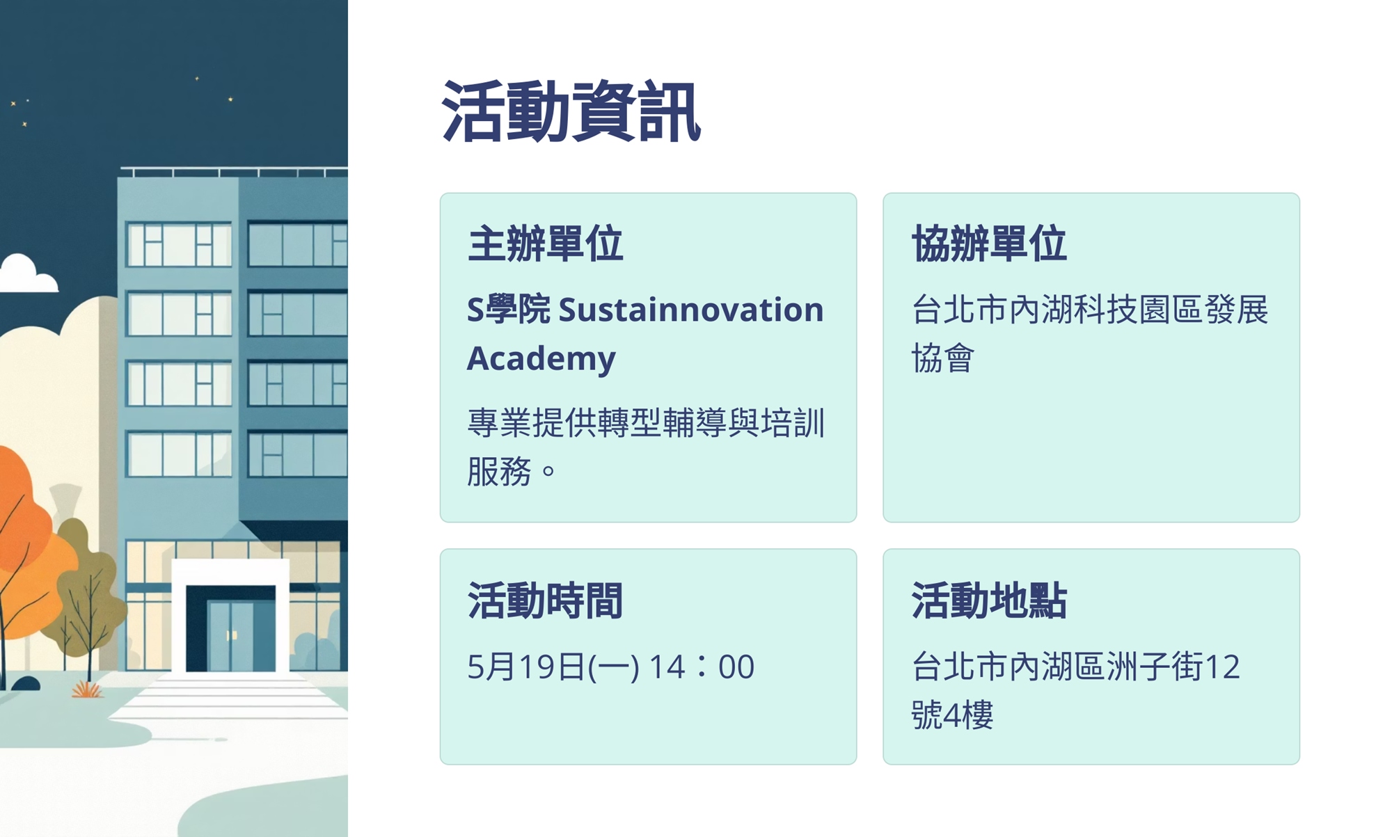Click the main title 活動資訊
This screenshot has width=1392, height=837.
[571, 112]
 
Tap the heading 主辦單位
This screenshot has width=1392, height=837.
[545, 244]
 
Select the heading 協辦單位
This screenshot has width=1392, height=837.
[989, 244]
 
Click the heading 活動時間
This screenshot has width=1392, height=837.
[545, 600]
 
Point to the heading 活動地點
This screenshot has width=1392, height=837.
[989, 600]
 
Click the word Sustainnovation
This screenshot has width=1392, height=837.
[691, 310]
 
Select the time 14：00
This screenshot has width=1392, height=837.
[702, 667]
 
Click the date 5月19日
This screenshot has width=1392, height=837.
[526, 667]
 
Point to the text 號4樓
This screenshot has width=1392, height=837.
[952, 715]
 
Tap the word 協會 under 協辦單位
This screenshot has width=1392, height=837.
[943, 358]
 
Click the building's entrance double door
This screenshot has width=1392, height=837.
[230, 635]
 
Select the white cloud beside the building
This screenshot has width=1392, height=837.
[28, 274]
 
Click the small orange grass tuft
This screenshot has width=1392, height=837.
[87, 689]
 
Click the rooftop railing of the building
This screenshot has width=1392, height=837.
[234, 171]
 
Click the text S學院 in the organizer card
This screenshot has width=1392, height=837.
[508, 310]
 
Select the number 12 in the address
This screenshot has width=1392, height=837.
[1222, 667]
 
